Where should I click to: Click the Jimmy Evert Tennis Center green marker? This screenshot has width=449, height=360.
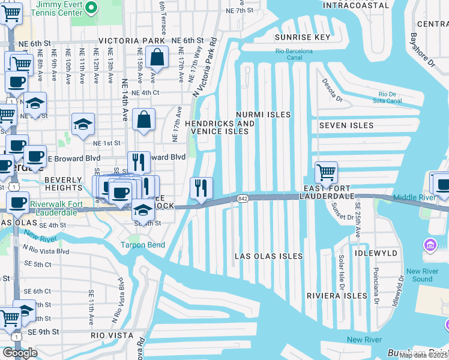point(91,8)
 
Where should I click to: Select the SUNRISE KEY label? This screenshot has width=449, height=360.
point(303,37)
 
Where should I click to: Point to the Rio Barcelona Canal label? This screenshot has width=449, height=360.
point(294,55)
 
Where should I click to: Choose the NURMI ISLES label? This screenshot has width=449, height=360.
point(263,114)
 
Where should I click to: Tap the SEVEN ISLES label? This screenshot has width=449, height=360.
point(346,125)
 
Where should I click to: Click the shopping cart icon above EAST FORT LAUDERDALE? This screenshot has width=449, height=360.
point(326,173)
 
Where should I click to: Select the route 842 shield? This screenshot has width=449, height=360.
point(243,198)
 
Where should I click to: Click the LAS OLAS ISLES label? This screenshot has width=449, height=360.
point(268,256)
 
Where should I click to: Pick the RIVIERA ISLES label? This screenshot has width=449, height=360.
point(337,296)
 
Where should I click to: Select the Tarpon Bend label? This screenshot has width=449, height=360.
point(142,244)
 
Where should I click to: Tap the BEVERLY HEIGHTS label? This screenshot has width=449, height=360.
point(62,184)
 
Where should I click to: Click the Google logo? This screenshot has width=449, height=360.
point(20,353)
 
